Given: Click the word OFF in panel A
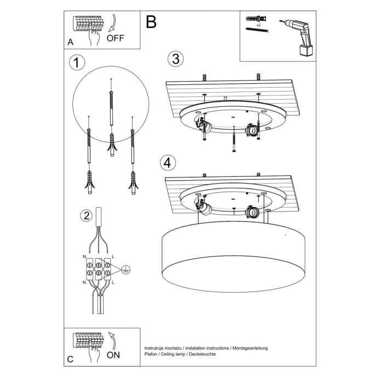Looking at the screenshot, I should (x=116, y=38).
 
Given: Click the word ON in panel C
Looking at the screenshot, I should (x=113, y=355).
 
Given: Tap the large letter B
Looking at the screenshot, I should (x=151, y=22).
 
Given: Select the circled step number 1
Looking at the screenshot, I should (x=77, y=62).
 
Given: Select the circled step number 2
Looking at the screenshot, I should (x=85, y=215).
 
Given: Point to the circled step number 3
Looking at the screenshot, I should (x=175, y=59).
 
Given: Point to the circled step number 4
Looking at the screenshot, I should (x=168, y=162).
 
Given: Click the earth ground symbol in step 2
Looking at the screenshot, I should (x=126, y=270).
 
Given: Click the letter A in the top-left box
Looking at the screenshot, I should (x=70, y=42).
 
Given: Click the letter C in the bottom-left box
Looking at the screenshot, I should (x=70, y=359).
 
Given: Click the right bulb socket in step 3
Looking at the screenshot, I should (x=253, y=130).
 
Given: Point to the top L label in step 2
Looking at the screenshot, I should (x=113, y=256).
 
